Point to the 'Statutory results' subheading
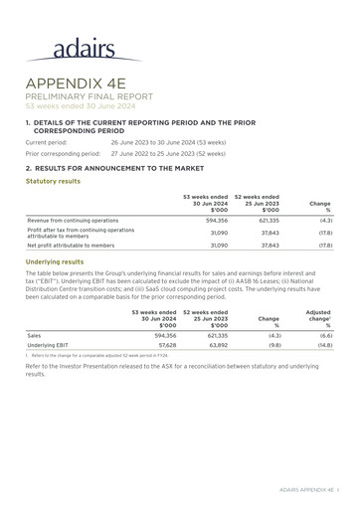tap(53, 182)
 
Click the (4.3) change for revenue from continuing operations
tap(321, 220)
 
